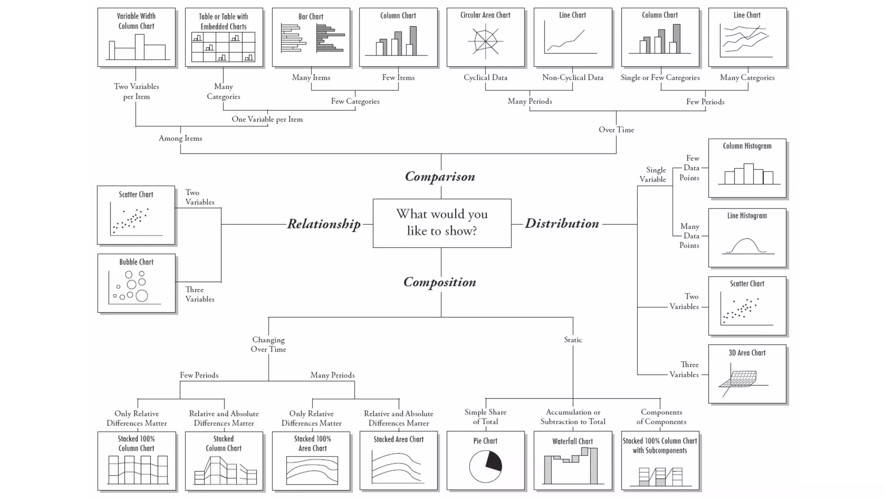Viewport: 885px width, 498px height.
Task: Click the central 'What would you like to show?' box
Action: click(442, 223)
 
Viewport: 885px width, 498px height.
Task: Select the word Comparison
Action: click(440, 176)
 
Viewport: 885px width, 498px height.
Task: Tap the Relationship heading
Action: click(324, 224)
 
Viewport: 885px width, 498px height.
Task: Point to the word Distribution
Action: click(562, 223)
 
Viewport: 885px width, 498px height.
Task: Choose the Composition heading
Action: click(439, 282)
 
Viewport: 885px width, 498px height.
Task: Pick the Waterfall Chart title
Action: click(572, 441)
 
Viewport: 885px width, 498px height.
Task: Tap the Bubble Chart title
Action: click(136, 262)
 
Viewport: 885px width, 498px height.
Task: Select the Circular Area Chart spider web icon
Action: click(485, 41)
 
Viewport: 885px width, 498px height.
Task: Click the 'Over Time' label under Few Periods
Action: click(616, 130)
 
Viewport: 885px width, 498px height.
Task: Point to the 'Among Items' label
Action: click(180, 138)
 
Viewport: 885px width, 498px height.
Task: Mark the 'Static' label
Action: click(573, 340)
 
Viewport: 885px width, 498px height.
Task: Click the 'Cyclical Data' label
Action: click(485, 78)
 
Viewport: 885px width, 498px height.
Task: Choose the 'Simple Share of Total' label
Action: click(485, 417)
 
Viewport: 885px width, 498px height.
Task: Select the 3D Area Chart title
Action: click(747, 353)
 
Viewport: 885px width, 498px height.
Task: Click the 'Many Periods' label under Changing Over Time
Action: click(332, 375)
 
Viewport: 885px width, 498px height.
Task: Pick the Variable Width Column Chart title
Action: click(136, 21)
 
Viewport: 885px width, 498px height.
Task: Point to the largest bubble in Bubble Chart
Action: click(142, 296)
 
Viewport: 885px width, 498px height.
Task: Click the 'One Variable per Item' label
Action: click(267, 119)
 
